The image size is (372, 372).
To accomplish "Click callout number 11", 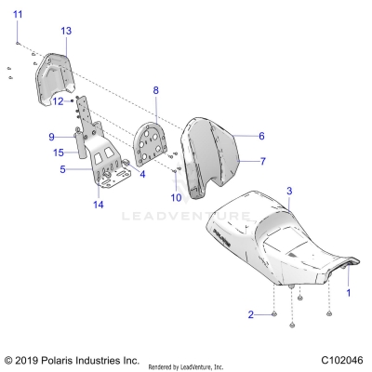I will [x=18, y=12].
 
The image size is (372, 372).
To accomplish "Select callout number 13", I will [x=65, y=31].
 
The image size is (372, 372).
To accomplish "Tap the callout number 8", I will [x=156, y=90].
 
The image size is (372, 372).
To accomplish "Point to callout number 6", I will [x=261, y=136].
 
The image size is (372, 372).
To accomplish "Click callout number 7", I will [x=261, y=161].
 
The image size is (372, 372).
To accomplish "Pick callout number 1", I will [x=349, y=292].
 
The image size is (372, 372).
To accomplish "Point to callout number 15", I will [x=58, y=152].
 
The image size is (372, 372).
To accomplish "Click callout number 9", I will [x=52, y=137].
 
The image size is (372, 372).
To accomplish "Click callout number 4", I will [x=142, y=173].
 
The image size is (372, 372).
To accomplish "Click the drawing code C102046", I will [x=341, y=359].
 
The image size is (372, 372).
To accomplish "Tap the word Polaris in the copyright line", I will [x=60, y=359].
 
